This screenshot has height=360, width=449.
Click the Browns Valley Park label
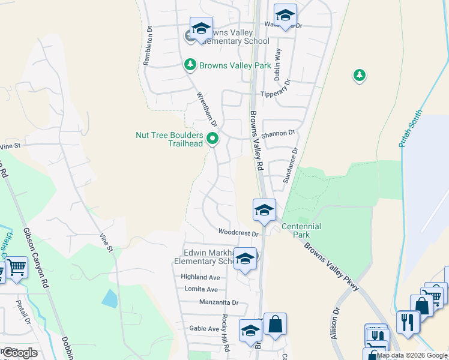[x=235, y=65]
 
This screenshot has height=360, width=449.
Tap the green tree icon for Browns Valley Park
[x=190, y=64]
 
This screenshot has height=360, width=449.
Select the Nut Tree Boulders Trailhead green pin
[x=212, y=139]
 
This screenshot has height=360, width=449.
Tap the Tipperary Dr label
[x=276, y=94]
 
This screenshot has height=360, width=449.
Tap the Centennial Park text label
[x=301, y=230]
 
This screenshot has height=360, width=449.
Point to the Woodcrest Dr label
[x=238, y=232]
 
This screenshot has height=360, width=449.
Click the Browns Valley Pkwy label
[x=331, y=266]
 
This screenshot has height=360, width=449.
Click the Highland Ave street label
[x=200, y=277]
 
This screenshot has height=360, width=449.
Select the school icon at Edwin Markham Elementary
[x=245, y=259]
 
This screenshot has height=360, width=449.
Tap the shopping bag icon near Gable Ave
[x=275, y=325]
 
